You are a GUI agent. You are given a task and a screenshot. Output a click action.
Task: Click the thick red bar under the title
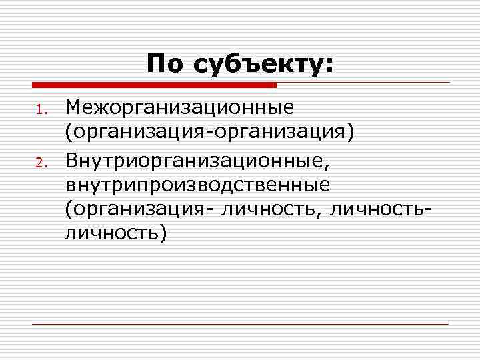pos(154,85)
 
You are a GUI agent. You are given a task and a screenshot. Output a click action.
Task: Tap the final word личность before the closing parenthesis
pos(109,233)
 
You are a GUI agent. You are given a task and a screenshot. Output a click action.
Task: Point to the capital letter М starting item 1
pos(73,107)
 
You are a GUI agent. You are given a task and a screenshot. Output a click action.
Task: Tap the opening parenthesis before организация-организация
pos(68,133)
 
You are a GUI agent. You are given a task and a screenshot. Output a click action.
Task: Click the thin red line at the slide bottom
pos(240,325)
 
